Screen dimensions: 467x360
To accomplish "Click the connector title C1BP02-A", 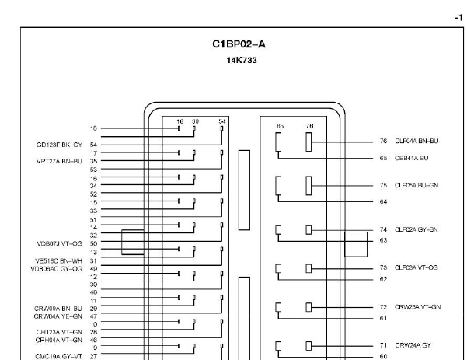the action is point(239,44).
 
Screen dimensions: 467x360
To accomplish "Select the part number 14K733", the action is point(242,60).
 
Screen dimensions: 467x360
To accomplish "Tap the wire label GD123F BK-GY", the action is point(59,145).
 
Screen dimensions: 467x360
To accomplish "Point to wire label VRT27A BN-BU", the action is point(59,161).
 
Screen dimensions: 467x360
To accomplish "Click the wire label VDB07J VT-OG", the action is point(60,244).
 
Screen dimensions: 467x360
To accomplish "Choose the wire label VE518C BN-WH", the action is point(58,261).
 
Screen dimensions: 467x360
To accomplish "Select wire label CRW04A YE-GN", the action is point(58,316).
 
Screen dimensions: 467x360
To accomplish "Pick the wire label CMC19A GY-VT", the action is point(59,356).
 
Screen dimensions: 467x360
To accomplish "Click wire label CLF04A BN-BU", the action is point(416,141).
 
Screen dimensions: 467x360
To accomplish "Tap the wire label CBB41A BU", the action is point(412,158).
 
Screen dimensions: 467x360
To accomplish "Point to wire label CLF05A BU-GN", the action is point(416,185).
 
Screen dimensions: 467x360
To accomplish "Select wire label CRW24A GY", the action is point(413,345).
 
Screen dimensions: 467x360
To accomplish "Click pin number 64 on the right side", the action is point(383,201).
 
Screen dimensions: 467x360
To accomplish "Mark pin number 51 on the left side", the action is point(93,220).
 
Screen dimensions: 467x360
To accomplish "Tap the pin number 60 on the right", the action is point(383,356).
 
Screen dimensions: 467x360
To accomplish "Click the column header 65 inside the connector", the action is point(280,126).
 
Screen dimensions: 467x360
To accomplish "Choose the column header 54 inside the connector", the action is point(222,121).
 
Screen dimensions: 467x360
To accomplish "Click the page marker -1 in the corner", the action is point(458,18).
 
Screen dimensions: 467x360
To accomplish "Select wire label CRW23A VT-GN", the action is point(417,307).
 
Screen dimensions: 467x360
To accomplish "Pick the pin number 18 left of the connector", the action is point(93,128).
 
